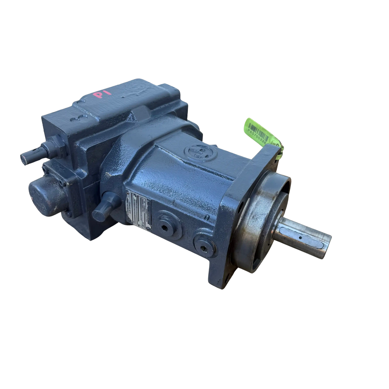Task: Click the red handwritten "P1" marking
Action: pos(100,96)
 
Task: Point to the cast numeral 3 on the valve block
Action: pos(74,120)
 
